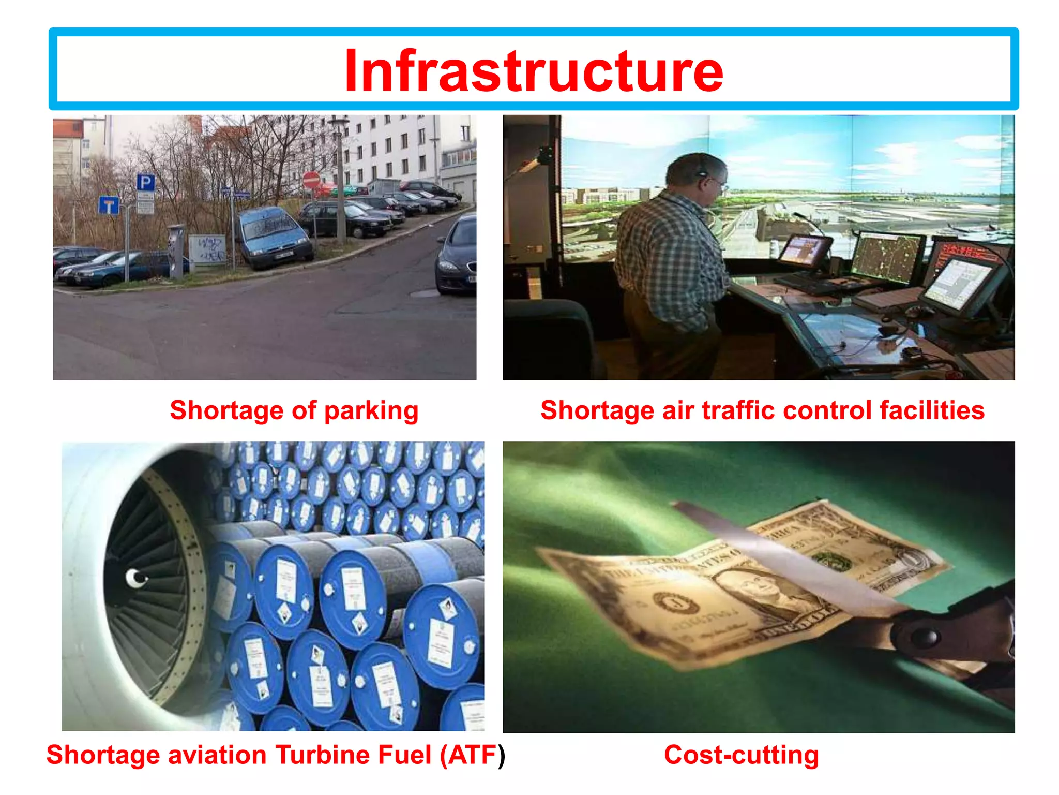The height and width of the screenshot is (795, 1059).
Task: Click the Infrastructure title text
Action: [x=534, y=71]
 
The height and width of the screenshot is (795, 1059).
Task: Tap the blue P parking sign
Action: [x=145, y=182]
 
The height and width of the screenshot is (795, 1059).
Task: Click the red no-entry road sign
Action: [x=311, y=180]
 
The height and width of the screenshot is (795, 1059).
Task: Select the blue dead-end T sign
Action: [x=109, y=205]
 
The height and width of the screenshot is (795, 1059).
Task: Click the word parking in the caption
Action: [x=371, y=411]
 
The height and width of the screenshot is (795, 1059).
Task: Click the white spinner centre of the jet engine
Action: [x=135, y=578]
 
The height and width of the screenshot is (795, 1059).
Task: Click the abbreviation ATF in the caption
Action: [x=472, y=755]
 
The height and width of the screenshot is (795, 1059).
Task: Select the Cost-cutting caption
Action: [x=741, y=755]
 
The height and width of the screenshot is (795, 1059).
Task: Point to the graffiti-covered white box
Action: [x=207, y=250]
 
